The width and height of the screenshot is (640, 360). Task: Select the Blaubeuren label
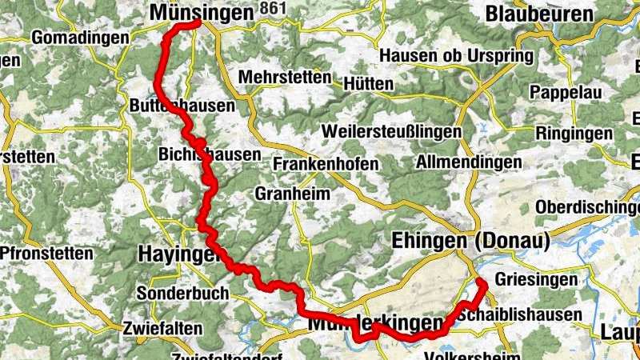point(539,14)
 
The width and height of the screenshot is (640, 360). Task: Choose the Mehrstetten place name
point(285,78)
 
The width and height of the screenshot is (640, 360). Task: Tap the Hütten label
point(368,83)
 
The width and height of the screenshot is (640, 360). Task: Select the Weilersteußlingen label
point(392,130)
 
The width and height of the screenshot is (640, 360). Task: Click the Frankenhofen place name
point(326,163)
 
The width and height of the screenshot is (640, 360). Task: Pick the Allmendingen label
point(469,162)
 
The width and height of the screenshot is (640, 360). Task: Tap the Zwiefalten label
point(160,327)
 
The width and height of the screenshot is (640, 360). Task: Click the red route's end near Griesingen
point(482,282)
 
